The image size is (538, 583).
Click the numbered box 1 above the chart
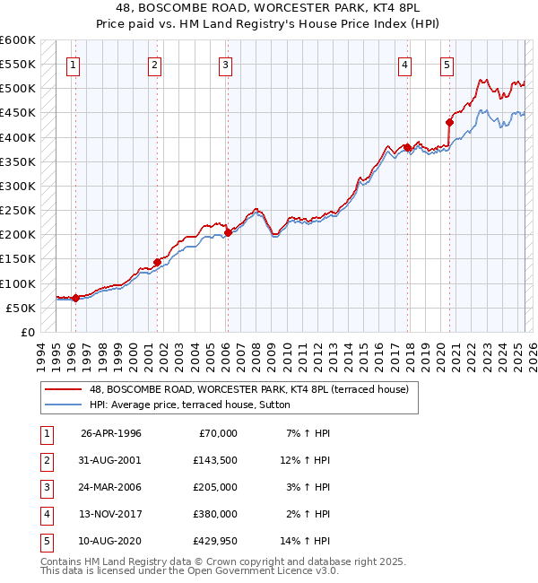72,64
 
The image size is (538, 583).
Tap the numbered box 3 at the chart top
224,64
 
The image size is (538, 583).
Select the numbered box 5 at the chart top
447,64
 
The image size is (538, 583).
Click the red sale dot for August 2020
449,122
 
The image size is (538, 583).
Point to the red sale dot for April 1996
75,299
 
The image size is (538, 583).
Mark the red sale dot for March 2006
228,232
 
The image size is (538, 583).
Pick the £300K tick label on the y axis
18,186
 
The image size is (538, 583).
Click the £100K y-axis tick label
18,283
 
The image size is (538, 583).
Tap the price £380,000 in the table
215,514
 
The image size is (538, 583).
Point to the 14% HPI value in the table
306,541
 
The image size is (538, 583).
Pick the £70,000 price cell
218,433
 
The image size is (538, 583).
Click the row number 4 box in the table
45,514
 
